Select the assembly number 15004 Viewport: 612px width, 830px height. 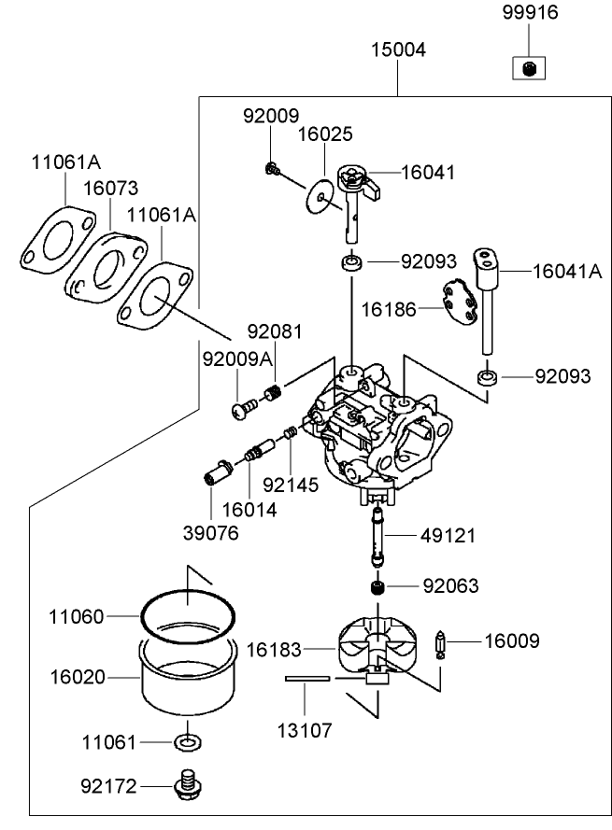(x=397, y=50)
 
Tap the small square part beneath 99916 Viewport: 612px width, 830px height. (x=528, y=67)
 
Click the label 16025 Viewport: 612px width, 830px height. (x=325, y=134)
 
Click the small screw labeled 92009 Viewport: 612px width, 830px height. (x=271, y=168)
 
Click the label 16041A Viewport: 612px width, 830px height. (x=567, y=271)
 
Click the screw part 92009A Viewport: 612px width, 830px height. (x=245, y=407)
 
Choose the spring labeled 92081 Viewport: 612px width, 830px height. (x=274, y=393)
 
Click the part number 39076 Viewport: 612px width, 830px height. (x=211, y=533)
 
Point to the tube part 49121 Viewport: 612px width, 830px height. (x=378, y=537)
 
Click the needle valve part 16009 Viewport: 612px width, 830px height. (x=446, y=645)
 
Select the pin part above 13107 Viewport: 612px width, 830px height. (x=308, y=680)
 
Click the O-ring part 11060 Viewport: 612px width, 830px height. (x=187, y=617)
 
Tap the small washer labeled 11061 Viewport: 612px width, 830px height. (x=187, y=742)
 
